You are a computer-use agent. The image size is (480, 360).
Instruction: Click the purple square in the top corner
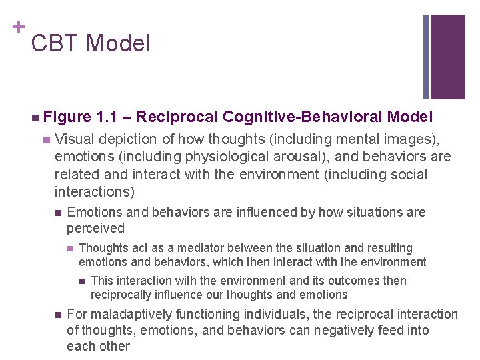[447, 57]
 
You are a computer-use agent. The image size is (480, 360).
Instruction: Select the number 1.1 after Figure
[107, 117]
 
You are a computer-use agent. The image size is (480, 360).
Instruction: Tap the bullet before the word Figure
[34, 118]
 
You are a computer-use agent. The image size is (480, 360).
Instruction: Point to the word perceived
[95, 228]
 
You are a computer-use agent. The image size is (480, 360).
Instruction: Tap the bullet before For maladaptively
[58, 314]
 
